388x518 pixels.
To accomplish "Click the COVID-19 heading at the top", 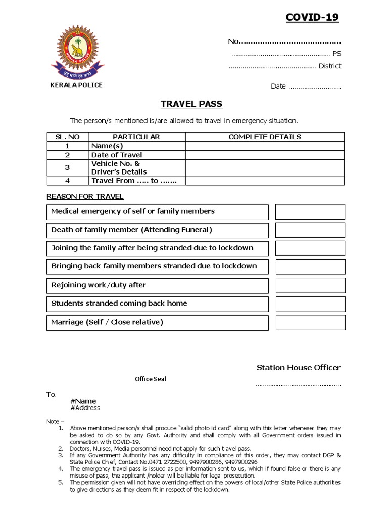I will point(312,18).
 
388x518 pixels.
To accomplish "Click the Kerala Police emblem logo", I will point(76,50).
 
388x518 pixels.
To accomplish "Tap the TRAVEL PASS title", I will point(191,105).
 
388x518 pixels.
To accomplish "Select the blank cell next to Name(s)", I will point(265,146).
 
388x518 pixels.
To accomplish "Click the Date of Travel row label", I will point(117,155).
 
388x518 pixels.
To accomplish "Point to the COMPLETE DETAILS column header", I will point(265,137).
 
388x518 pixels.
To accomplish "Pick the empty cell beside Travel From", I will point(265,181).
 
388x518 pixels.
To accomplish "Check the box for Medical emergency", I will point(310,211).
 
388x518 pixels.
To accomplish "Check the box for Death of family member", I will point(310,230).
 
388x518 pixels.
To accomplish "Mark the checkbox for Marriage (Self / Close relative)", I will point(310,322).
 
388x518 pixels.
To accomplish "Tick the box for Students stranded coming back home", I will point(310,304).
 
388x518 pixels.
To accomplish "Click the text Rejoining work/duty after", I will point(99,285).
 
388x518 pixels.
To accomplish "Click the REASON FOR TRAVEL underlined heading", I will point(85,196).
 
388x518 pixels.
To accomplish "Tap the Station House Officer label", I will point(298,367).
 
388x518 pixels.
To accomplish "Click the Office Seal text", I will point(150,379).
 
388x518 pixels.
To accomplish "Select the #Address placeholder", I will point(85,408).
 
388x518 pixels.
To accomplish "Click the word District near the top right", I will point(330,66).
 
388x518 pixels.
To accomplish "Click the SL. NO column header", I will point(67,137).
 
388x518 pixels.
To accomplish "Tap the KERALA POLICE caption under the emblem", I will point(76,85).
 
